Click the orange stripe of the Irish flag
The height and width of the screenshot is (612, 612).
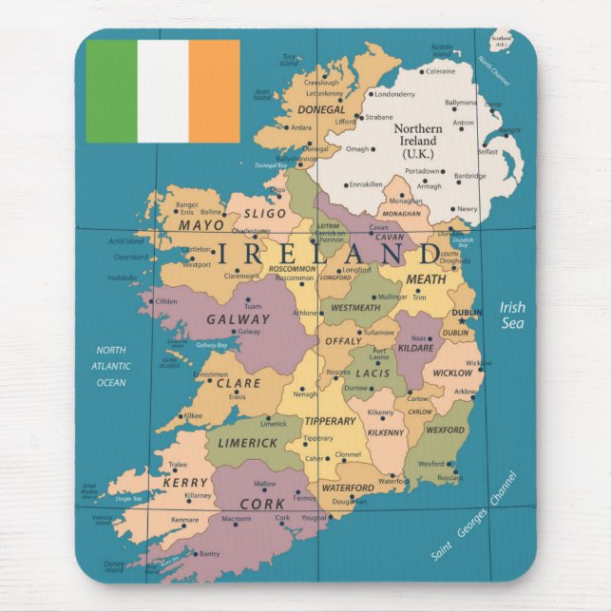pyautogui.click(x=214, y=91)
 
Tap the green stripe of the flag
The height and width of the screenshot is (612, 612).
pyautogui.click(x=111, y=91)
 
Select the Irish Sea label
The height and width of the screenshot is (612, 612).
pyautogui.click(x=512, y=315)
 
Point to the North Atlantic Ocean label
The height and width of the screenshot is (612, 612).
pyautogui.click(x=110, y=366)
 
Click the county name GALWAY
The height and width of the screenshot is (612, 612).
pyautogui.click(x=239, y=319)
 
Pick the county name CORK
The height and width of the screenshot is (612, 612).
pyautogui.click(x=261, y=504)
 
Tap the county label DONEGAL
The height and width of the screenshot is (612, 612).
pyautogui.click(x=322, y=109)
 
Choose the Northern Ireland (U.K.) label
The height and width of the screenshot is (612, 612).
pyautogui.click(x=417, y=141)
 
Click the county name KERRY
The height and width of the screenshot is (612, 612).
pyautogui.click(x=185, y=483)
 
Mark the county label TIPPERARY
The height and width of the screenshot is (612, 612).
pyautogui.click(x=329, y=421)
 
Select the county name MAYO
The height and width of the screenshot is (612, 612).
pyautogui.click(x=201, y=226)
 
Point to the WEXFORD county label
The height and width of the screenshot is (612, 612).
pyautogui.click(x=445, y=430)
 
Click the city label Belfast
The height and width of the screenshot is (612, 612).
pyautogui.click(x=487, y=151)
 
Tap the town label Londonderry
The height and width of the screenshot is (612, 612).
pyautogui.click(x=395, y=94)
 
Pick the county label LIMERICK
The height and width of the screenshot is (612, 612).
pyautogui.click(x=248, y=443)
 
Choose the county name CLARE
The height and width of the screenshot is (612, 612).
pyautogui.click(x=239, y=384)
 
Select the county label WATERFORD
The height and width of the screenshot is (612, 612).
pyautogui.click(x=348, y=488)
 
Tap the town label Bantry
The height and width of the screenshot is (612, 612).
pyautogui.click(x=209, y=553)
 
